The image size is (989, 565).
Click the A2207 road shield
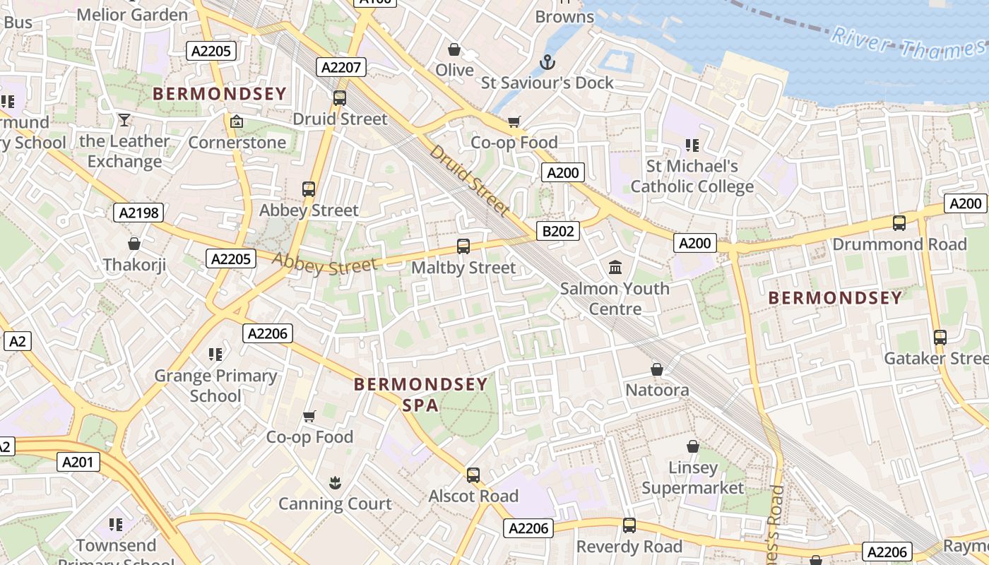tap(341, 68)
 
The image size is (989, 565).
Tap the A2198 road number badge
tap(138, 213)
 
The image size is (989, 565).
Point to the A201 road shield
tap(78, 463)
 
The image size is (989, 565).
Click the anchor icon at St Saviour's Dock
tap(547, 63)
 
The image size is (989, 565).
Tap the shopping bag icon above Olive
tap(454, 50)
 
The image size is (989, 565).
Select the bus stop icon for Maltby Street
tap(463, 246)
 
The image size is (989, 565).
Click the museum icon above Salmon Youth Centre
tap(615, 268)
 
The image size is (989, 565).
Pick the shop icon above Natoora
tap(657, 369)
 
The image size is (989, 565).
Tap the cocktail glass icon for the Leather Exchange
tap(124, 120)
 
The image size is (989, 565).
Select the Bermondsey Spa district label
tap(421, 394)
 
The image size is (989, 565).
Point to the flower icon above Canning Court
tap(335, 482)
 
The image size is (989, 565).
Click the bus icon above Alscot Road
tap(473, 475)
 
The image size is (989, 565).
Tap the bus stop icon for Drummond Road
tap(899, 223)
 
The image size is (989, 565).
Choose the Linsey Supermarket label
tap(692, 478)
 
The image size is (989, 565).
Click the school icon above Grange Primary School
tap(215, 354)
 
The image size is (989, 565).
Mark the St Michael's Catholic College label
tap(692, 177)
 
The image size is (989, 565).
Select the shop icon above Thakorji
tap(134, 244)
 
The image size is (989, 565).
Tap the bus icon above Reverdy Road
tap(629, 525)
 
